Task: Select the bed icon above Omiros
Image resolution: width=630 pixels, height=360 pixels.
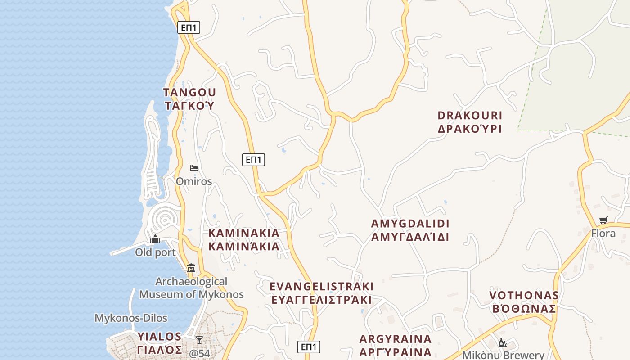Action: (194, 168)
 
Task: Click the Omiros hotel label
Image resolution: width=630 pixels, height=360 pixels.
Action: (194, 181)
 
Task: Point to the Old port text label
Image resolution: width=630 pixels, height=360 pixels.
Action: (155, 252)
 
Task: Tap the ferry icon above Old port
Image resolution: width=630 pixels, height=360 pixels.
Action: (155, 239)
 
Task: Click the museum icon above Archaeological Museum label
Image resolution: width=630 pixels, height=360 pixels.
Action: (191, 268)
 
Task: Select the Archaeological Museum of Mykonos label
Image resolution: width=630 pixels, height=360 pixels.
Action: (191, 288)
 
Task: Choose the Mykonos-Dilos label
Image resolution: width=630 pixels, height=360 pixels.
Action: (131, 318)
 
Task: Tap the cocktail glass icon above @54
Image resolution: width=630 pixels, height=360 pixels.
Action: (199, 340)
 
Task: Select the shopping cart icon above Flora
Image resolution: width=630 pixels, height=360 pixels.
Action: (603, 220)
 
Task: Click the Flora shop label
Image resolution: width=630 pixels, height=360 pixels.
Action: (603, 234)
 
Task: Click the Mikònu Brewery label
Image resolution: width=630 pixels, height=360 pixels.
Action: (503, 355)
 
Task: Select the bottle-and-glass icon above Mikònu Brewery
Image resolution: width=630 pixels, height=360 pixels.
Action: (503, 343)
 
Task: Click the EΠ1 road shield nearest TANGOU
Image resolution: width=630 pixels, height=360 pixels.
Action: (189, 27)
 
